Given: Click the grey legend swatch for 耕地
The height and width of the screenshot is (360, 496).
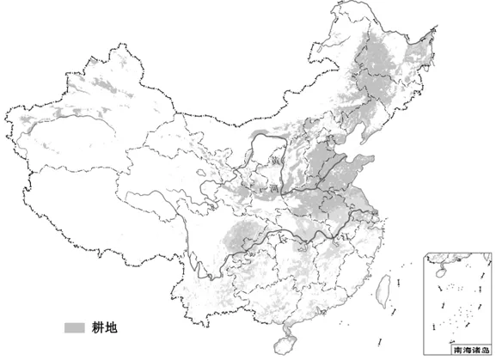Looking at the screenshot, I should (75, 326).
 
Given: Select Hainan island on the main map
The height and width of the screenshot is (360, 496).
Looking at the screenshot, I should (282, 344).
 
